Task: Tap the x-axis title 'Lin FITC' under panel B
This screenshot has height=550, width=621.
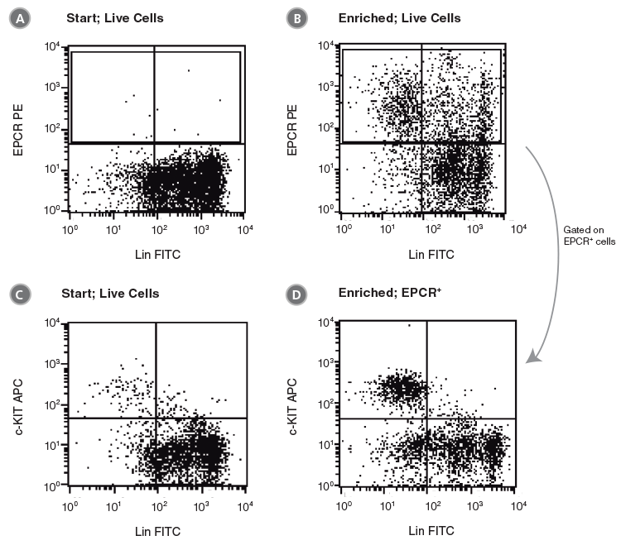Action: tap(427, 254)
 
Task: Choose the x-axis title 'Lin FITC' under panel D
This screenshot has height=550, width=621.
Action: tap(427, 529)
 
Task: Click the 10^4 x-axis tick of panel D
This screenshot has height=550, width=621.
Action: tap(517, 502)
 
